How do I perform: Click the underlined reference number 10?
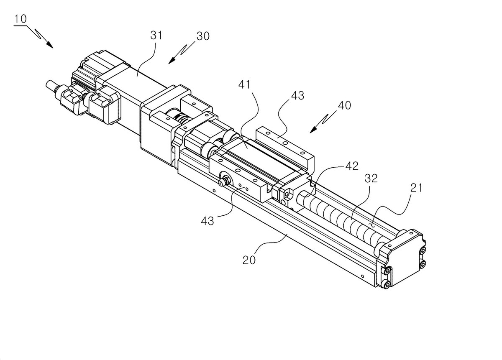(21, 19)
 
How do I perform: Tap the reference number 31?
(156, 36)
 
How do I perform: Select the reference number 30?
(203, 36)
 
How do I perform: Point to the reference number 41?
(244, 85)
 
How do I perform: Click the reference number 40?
(344, 105)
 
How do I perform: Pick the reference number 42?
(352, 166)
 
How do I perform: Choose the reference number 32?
(371, 179)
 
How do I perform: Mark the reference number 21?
(416, 188)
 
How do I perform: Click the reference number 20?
(249, 260)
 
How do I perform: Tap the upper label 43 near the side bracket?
(297, 96)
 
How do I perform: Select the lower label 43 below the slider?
(207, 221)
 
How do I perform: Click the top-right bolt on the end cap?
(423, 250)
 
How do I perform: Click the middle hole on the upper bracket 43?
(284, 143)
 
